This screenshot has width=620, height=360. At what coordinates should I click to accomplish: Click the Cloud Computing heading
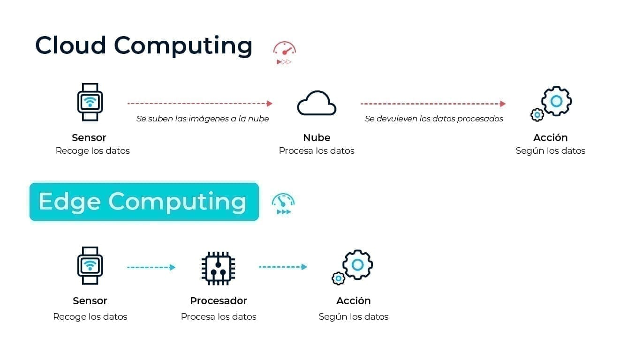(144, 46)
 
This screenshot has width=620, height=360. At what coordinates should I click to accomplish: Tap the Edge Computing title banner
(144, 202)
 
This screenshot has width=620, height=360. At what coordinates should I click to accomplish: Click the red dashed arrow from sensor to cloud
(200, 104)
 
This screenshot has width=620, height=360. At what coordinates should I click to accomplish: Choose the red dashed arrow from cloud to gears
(433, 104)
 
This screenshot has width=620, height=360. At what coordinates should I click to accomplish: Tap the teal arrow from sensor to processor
(151, 267)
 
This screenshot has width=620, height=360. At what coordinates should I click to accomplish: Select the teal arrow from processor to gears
(283, 267)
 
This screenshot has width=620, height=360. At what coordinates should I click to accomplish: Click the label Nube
(317, 137)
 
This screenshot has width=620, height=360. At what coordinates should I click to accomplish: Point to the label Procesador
(219, 301)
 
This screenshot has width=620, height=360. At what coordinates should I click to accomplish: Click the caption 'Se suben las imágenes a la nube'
(203, 119)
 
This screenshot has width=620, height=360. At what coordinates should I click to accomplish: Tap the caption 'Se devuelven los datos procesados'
(434, 119)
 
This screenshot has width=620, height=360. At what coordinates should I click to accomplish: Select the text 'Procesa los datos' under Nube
(317, 151)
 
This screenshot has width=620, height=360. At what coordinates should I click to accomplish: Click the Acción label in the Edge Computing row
(354, 300)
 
